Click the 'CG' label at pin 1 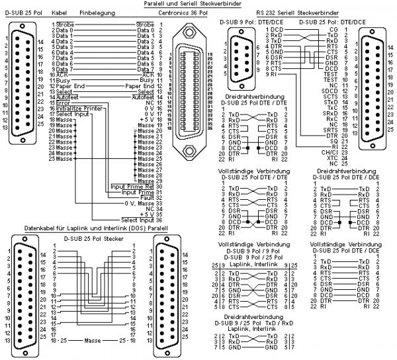332,30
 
